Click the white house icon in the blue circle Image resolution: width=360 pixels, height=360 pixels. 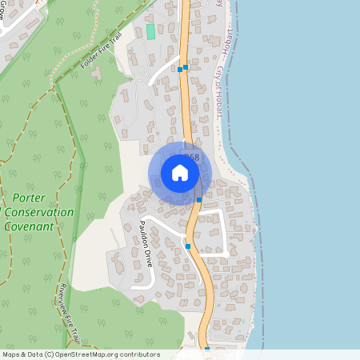(x=180, y=173)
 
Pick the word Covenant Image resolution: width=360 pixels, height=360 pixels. (x=33, y=226)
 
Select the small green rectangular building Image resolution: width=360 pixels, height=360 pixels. (x=150, y=30)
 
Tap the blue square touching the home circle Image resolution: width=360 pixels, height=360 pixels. (x=198, y=199)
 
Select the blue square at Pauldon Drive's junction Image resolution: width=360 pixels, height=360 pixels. (x=187, y=246)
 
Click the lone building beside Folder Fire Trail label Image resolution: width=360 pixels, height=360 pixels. (x=97, y=72)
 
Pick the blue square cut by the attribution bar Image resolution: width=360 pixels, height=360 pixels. (x=206, y=348)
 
